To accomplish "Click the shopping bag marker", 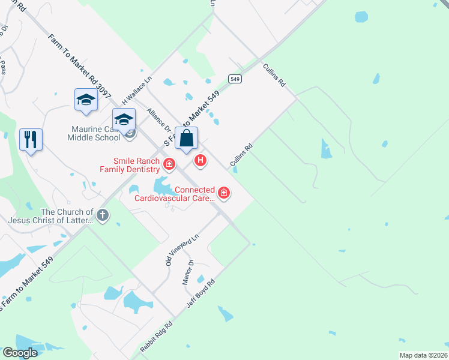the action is coord(187,139).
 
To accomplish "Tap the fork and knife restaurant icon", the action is coord(30,140).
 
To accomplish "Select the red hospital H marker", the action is coord(201,160).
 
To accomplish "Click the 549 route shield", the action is coord(235,79).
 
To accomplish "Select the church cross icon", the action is coord(103,215).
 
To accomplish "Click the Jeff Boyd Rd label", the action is coord(200,293).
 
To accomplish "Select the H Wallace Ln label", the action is coord(137,88).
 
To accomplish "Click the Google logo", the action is coord(19,353).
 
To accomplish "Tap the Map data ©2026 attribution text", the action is coord(423,355).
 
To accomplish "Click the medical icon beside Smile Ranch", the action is coord(169,163).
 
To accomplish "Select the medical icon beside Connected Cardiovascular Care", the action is coord(223,193).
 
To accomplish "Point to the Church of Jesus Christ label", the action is coord(67,216).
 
